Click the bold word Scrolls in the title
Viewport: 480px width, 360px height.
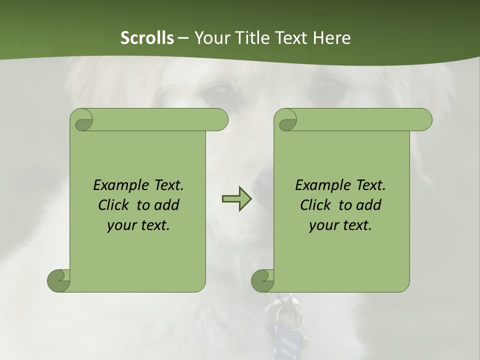coord(147,37)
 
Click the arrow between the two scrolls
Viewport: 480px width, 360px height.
coord(236,199)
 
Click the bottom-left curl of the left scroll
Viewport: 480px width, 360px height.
coord(59,280)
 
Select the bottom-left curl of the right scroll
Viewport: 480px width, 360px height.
coord(263,280)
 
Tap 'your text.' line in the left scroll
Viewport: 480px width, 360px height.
coord(138,225)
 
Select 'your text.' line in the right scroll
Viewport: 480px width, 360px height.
coord(340,225)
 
